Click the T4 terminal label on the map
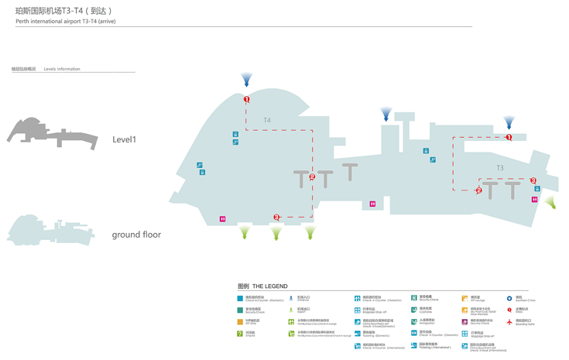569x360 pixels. click(267, 121)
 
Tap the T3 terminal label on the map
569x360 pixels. click(500, 168)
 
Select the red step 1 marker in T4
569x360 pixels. click(247, 100)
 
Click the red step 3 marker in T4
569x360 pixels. click(276, 218)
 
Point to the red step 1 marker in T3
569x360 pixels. click(509, 137)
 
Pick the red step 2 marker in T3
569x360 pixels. click(479, 190)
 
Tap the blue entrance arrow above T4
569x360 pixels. click(247, 80)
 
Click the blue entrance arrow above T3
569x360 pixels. click(509, 123)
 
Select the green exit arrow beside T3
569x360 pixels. click(550, 203)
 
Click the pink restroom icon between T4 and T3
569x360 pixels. click(372, 204)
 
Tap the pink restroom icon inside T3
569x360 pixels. click(535, 200)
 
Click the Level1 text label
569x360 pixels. click(124, 140)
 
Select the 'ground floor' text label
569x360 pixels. click(136, 235)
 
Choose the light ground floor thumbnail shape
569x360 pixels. click(50, 231)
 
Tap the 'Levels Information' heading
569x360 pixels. click(62, 69)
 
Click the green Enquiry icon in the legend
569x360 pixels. click(240, 334)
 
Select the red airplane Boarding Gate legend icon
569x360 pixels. click(509, 322)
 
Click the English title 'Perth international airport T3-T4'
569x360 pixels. click(65, 22)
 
